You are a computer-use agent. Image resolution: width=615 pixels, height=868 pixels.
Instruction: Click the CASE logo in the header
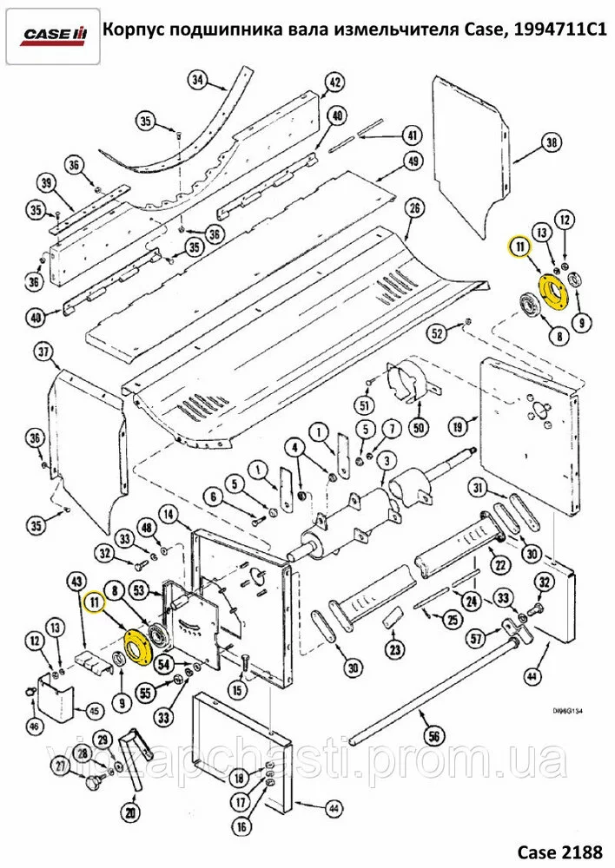54,34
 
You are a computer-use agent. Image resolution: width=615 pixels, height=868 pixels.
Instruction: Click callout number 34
198,82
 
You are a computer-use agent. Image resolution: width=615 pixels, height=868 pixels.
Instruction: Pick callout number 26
413,208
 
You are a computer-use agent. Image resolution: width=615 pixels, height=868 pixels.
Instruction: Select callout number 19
458,425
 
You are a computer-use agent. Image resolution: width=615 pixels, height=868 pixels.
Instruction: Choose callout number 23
396,650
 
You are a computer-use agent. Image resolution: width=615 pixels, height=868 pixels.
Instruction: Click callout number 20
131,813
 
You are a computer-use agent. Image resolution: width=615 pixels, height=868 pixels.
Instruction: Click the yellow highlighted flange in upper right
552,289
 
